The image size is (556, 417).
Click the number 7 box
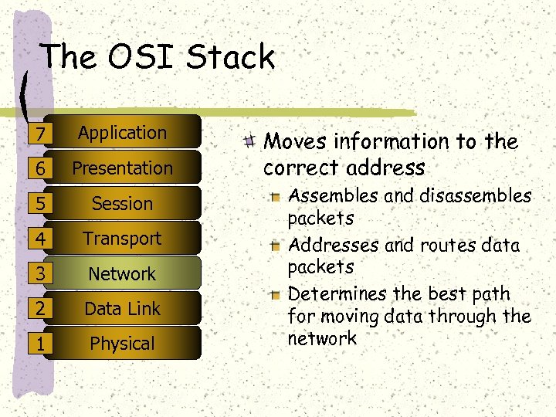point(38,134)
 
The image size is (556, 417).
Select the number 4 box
point(38,239)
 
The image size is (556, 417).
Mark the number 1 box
point(38,344)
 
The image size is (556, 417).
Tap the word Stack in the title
point(231,57)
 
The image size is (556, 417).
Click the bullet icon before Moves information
point(249,141)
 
